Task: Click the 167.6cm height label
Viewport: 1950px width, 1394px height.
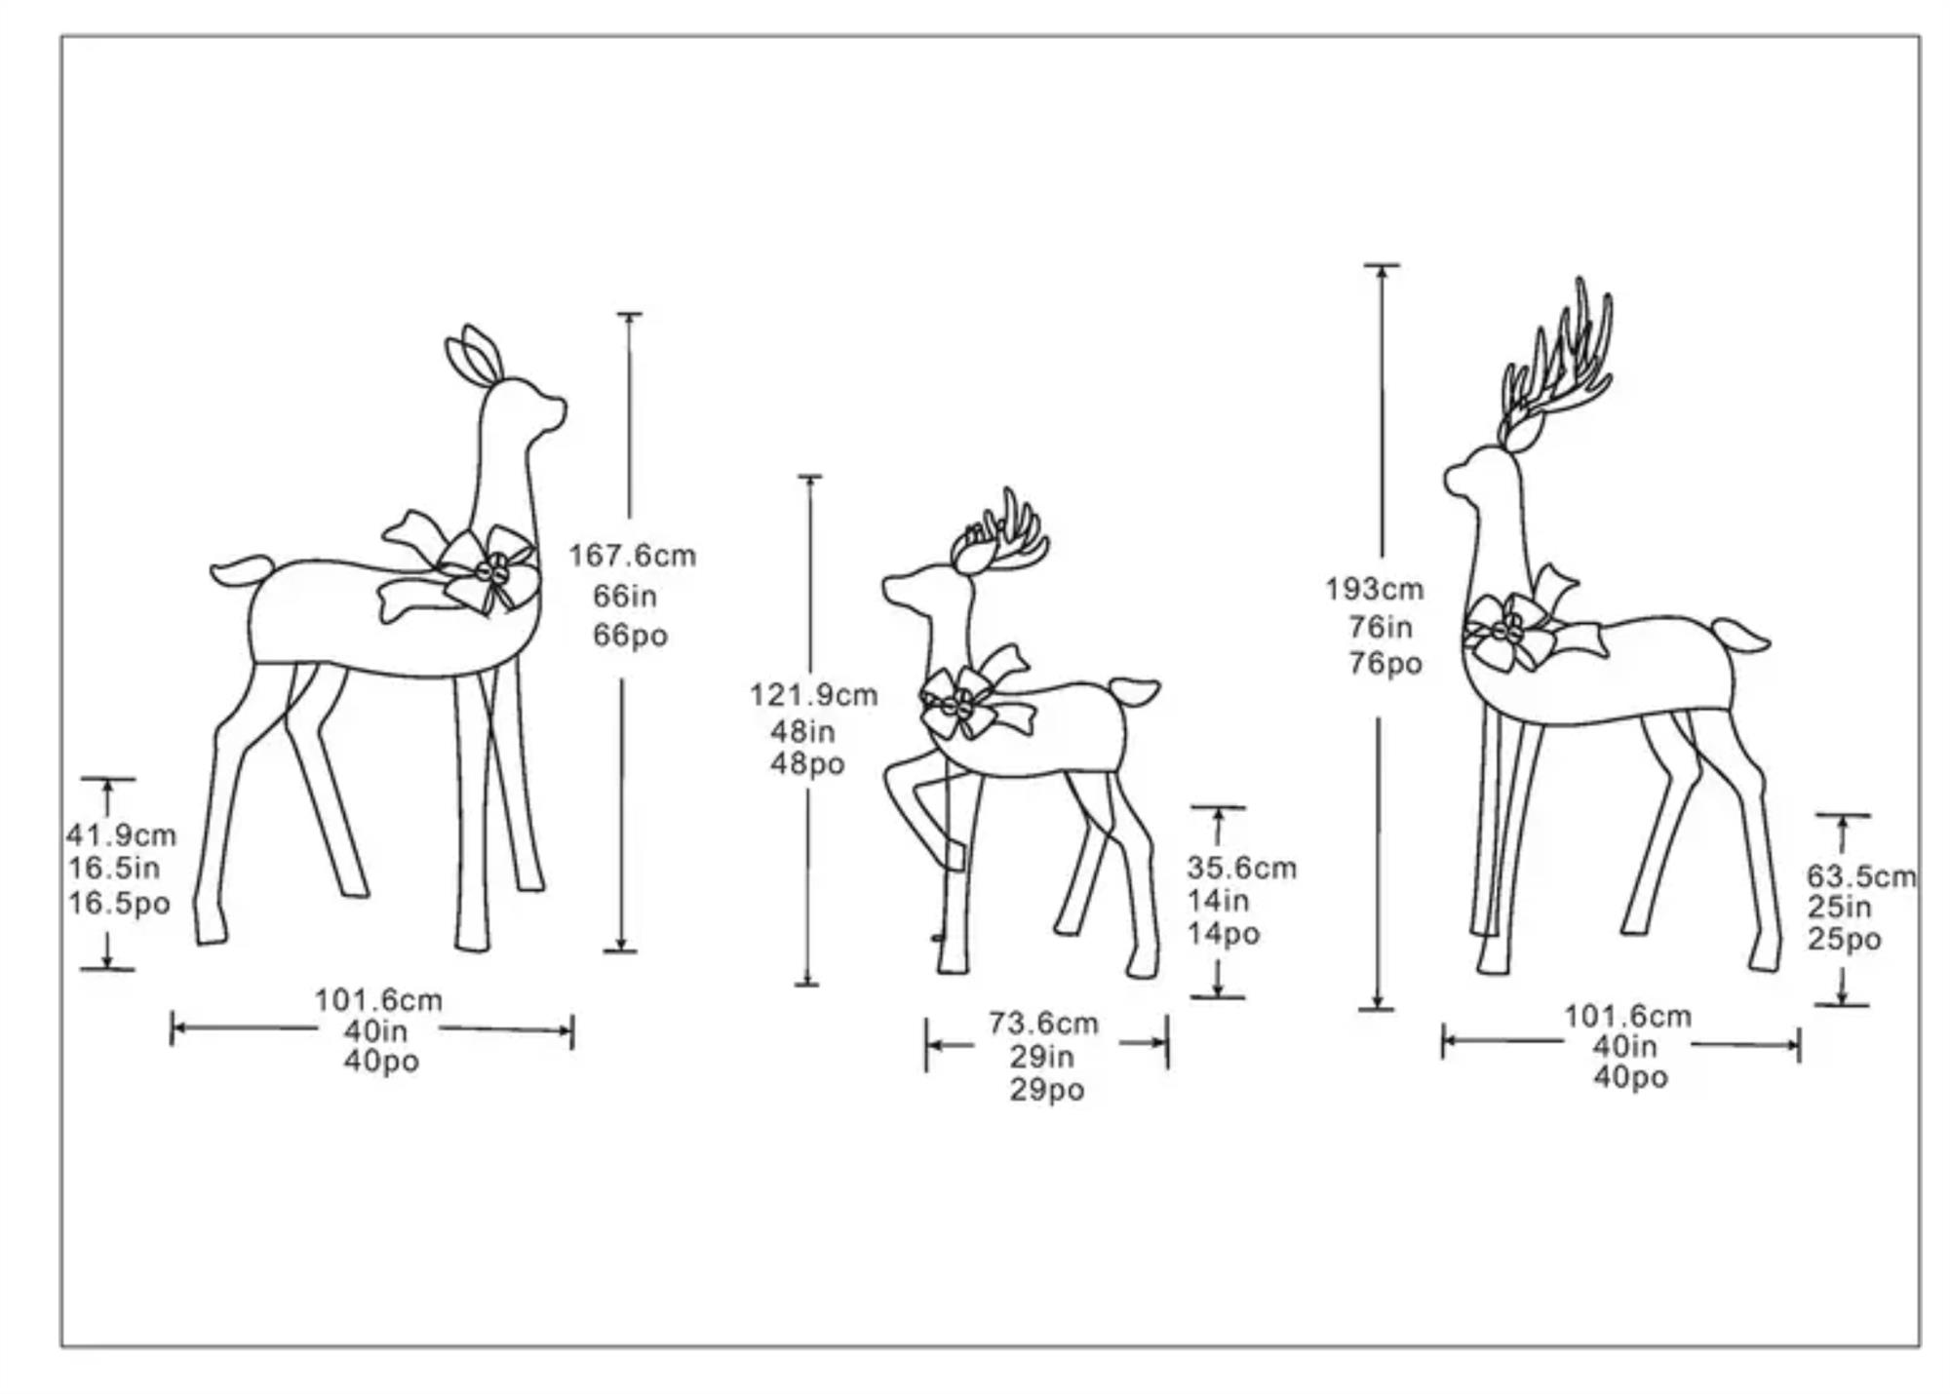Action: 633,556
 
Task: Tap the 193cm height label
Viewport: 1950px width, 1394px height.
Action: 1374,589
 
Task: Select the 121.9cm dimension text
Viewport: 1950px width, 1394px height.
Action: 813,695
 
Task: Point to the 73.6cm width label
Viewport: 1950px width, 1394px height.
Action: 1043,1023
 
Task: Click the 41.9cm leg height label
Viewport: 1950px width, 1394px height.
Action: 121,835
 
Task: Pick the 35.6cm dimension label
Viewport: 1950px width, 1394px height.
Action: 1241,868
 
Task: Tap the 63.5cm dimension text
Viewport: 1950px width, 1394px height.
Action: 1860,876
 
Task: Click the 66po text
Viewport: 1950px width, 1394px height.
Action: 630,636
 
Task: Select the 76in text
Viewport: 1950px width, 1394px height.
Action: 1380,627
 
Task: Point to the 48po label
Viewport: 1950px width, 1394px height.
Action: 807,763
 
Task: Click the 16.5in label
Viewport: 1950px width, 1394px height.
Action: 113,868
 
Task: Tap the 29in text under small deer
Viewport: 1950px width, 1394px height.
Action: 1041,1056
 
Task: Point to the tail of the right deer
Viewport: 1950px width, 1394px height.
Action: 1741,636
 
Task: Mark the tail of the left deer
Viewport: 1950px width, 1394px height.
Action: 242,571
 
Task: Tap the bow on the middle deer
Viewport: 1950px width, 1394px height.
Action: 976,693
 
